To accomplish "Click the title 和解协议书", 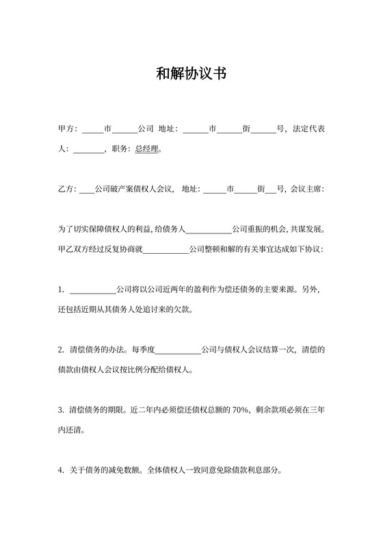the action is tap(191, 74).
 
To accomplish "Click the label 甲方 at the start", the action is tap(66, 129).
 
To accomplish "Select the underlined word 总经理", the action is tap(147, 148).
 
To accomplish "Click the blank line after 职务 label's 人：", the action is tap(88, 149).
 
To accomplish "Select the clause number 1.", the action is tap(61, 289).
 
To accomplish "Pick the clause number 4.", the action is tap(61, 471).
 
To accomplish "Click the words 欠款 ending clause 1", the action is tap(181, 309).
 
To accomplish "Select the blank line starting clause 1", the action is tap(93, 290).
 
